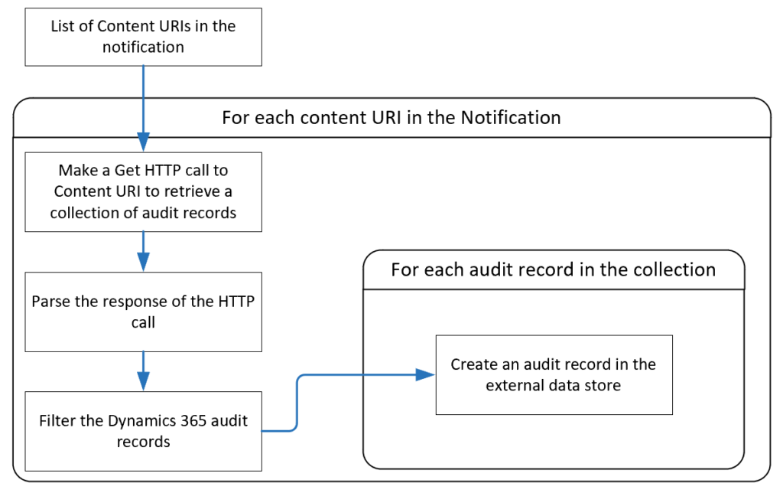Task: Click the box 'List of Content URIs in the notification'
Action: tap(143, 36)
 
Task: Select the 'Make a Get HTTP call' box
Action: tap(143, 191)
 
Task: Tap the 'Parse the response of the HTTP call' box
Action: tap(143, 312)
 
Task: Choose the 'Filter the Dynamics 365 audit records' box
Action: tap(143, 431)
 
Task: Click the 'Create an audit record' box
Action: tap(554, 374)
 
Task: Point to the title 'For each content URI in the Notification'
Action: tap(391, 118)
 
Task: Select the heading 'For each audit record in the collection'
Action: tap(553, 269)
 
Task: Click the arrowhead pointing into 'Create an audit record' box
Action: tap(426, 374)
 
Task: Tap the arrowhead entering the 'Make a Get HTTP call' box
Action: tap(143, 143)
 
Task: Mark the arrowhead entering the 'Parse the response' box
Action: tap(143, 263)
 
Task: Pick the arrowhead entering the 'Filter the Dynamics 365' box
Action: tap(143, 382)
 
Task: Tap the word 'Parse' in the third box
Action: tap(50, 302)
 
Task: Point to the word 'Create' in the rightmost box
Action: tap(473, 364)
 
